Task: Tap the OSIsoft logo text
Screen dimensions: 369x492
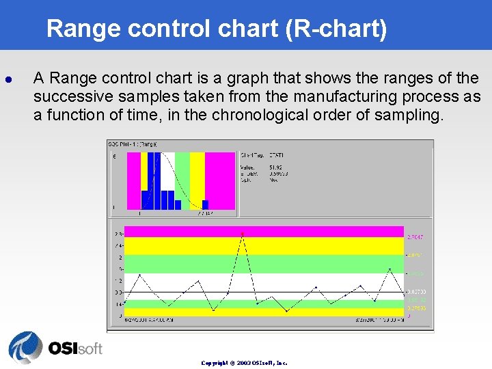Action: click(x=75, y=348)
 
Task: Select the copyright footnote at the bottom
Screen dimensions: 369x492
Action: click(x=244, y=363)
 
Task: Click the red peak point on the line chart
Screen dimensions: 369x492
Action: click(x=242, y=234)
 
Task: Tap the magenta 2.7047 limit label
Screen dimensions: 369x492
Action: click(x=415, y=236)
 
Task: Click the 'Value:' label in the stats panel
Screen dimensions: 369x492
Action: click(x=247, y=167)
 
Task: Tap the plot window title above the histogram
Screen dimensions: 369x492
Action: click(x=133, y=144)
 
